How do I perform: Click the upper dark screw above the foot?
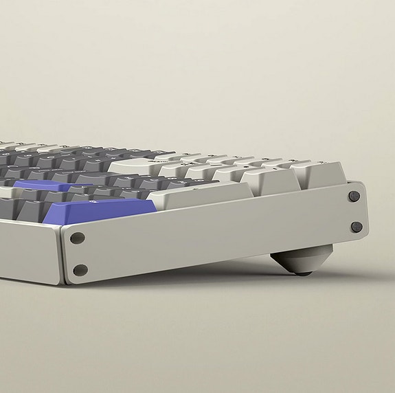354,196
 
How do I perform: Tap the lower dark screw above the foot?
357,227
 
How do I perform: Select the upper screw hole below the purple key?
78,238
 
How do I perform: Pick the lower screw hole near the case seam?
80,270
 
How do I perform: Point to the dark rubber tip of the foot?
302,273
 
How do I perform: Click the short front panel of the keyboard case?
27,251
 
